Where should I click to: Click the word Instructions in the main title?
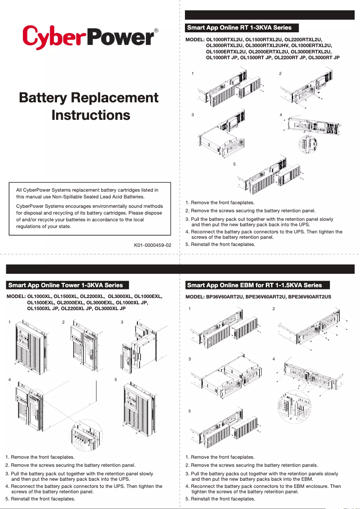pyautogui.click(x=91, y=115)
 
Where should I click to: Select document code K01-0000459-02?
pyautogui.click(x=153, y=246)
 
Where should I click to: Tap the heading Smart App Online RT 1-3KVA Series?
pyautogui.click(x=239, y=28)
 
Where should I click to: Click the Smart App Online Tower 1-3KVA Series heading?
pyautogui.click(x=66, y=285)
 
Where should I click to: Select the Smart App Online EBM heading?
pyautogui.click(x=255, y=285)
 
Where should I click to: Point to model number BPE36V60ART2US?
pyautogui.click(x=310, y=297)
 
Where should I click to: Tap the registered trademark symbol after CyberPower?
pyautogui.click(x=156, y=31)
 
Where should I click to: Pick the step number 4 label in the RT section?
pyautogui.click(x=281, y=115)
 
